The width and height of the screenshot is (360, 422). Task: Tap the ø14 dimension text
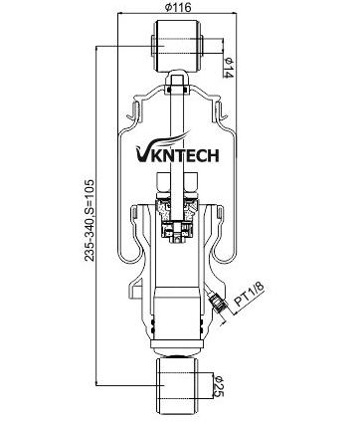coord(229,70)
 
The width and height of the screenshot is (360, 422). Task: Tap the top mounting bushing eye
coord(179,45)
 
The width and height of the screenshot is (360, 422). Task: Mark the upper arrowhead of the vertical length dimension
coord(96,48)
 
